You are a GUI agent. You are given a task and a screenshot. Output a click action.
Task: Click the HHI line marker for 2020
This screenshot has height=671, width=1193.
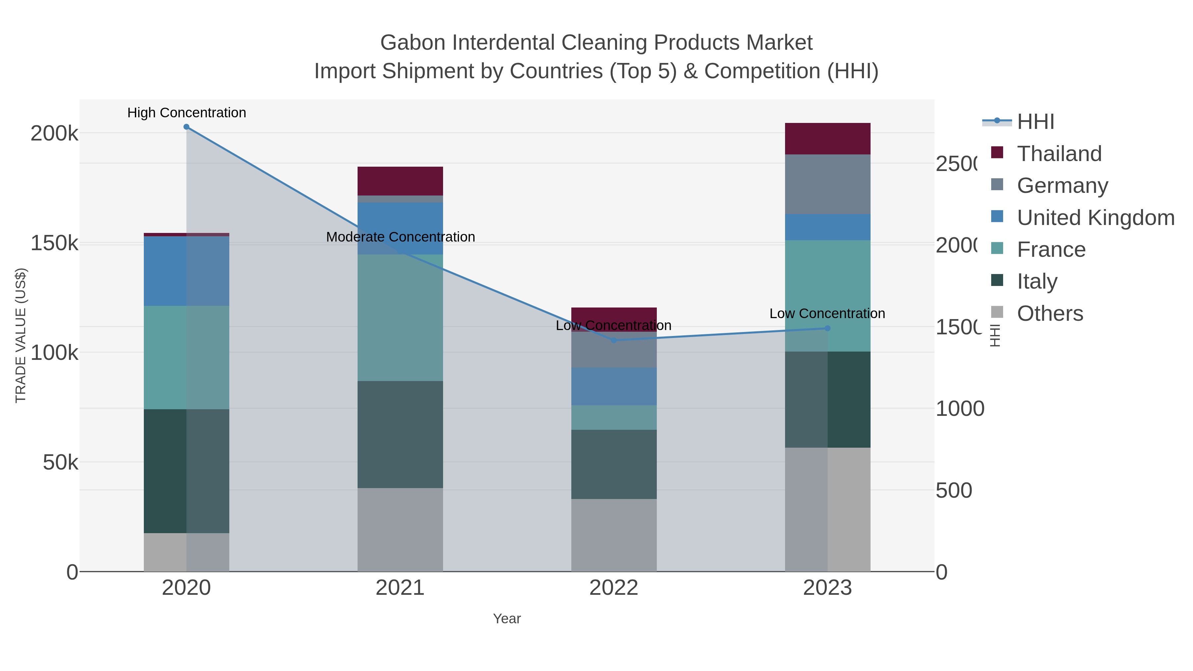coord(186,127)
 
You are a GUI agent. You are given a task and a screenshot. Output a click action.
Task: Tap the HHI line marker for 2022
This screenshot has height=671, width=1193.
coord(614,340)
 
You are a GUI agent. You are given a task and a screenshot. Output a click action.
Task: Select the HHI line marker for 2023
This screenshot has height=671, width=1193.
coord(827,328)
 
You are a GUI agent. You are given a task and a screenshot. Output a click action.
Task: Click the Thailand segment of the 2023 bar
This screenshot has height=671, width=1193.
coord(827,139)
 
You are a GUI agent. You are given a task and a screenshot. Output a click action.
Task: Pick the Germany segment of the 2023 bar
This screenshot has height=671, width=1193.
coord(827,184)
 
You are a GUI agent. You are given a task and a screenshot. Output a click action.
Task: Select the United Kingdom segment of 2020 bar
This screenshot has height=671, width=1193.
coord(186,271)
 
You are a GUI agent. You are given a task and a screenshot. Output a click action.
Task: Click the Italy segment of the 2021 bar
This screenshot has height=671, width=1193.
coord(400,434)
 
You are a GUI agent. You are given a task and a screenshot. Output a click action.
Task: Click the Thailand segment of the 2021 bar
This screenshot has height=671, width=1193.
coord(400,181)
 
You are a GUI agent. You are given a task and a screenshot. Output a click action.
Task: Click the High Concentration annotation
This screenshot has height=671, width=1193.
coord(187,113)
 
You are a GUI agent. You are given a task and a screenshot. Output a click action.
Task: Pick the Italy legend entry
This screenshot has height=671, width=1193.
coord(1037,281)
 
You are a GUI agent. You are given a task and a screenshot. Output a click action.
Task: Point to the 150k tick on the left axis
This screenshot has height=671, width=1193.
coord(54,243)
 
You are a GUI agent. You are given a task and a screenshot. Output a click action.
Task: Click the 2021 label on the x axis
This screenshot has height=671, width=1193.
coord(400,588)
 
